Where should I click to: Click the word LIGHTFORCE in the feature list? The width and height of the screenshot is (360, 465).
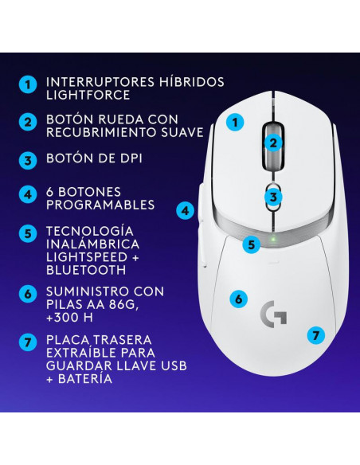88,95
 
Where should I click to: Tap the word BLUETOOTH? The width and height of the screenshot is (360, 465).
86,270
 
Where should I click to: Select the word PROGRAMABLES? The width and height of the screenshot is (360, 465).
100,205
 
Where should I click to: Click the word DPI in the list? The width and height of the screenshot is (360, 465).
130,158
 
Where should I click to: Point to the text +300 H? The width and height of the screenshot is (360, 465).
69,318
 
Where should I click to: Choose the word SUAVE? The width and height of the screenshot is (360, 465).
182,132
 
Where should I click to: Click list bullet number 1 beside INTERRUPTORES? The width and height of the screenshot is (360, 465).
28,85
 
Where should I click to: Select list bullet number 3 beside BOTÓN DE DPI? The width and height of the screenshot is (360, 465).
28,160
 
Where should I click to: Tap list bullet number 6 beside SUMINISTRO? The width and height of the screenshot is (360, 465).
28,294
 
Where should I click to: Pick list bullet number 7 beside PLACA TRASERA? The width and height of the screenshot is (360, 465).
28,342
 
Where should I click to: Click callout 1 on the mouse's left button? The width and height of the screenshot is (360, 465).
235,122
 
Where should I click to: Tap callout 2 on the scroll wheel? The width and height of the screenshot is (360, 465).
273,143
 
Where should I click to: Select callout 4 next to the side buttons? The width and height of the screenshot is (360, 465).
185,211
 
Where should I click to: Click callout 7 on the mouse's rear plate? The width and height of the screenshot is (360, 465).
316,335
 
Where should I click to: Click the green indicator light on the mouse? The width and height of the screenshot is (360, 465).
274,239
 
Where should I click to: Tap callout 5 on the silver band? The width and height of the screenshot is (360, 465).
252,245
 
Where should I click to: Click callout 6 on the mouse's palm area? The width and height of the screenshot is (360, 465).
239,299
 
